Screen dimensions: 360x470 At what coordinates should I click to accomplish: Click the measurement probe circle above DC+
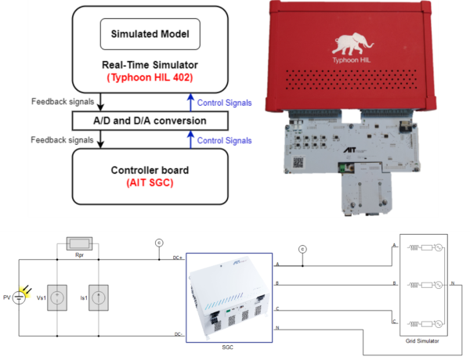pos(159,243)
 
